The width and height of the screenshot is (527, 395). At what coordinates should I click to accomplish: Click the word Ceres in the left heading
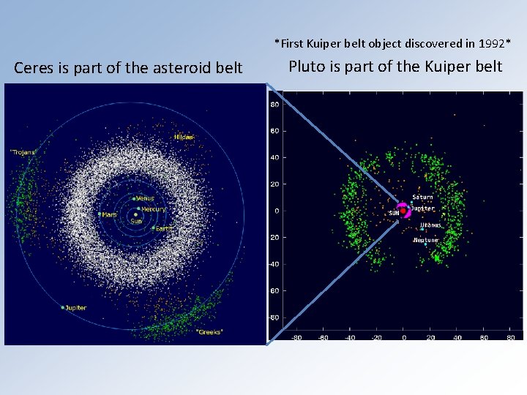(34, 68)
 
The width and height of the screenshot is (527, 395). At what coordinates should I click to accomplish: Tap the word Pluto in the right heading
(307, 67)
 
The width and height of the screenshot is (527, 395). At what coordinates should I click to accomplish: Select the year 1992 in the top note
(490, 43)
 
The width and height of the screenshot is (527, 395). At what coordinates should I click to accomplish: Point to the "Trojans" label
(23, 152)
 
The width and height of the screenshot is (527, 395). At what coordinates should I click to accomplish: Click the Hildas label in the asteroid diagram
(184, 137)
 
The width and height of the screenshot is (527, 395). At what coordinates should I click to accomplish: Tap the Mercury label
(153, 209)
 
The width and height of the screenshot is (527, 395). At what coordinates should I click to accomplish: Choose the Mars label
(109, 214)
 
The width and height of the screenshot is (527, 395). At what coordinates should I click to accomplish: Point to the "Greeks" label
(209, 331)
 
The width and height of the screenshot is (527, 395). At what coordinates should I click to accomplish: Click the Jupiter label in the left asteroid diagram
(75, 308)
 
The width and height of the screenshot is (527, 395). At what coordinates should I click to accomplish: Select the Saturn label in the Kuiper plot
(422, 197)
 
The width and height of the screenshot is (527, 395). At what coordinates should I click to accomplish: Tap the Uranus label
(431, 225)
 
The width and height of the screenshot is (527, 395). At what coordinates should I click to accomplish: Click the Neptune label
(426, 240)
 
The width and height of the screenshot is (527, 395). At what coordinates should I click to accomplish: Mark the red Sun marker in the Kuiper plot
(403, 211)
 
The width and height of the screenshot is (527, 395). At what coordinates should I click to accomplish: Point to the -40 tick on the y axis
(274, 264)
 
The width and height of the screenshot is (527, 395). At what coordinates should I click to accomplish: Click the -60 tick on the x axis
(324, 338)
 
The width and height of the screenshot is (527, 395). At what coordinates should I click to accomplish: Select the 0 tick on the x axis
(403, 338)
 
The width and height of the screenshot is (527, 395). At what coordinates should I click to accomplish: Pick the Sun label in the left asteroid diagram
(136, 221)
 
